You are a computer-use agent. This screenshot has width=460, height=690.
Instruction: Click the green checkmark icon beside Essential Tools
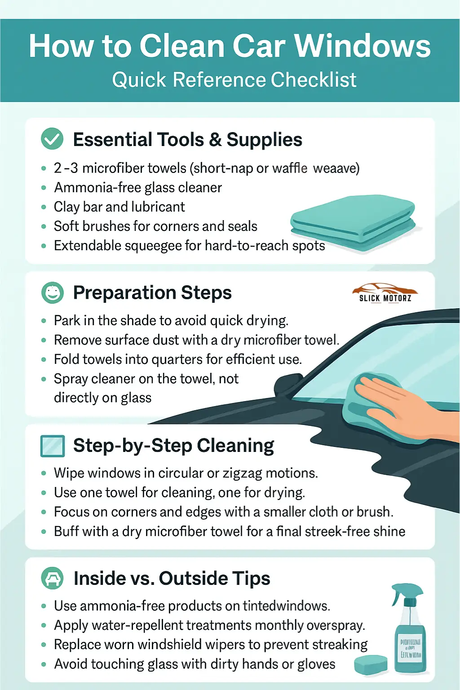[52, 139]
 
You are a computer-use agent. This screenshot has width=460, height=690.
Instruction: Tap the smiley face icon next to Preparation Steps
[52, 293]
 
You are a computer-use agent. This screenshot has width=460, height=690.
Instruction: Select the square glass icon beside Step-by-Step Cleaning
[52, 446]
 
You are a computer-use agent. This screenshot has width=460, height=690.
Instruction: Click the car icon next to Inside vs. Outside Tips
[52, 578]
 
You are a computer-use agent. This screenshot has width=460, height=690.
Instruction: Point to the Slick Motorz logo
[385, 293]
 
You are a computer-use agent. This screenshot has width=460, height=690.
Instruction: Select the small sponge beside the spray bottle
[370, 664]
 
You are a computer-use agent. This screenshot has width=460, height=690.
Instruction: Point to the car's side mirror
[287, 385]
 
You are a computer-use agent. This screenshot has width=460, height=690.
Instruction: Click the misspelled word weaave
[336, 168]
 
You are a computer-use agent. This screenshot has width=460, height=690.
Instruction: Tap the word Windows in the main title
[362, 46]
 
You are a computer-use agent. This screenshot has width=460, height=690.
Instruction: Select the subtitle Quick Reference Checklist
[234, 80]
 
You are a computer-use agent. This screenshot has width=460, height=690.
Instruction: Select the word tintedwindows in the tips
[286, 606]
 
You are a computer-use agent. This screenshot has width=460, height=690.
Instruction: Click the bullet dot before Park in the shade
[44, 321]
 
